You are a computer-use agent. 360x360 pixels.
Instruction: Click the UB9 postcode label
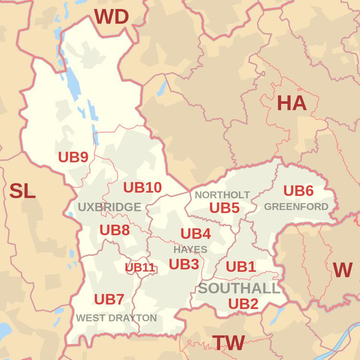73,157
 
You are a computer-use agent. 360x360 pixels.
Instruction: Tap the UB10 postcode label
143,188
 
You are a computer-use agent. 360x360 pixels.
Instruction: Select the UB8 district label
115,230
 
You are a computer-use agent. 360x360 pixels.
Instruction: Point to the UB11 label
140,267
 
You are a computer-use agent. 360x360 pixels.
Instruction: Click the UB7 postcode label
109,300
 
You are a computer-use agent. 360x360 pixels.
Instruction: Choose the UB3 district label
184,264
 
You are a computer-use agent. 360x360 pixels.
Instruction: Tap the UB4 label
195,234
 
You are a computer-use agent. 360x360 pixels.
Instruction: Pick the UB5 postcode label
224,208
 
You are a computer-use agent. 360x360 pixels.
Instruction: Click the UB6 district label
298,191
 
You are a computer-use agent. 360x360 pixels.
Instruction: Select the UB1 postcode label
240,266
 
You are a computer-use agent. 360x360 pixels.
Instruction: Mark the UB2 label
243,303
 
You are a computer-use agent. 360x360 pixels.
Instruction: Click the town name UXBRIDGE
109,207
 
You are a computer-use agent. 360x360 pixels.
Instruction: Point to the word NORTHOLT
222,195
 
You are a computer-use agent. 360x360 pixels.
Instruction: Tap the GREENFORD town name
296,207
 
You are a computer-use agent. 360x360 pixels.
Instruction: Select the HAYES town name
191,250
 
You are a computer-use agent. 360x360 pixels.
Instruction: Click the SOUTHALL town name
239,288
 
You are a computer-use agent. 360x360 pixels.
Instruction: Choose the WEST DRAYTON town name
116,318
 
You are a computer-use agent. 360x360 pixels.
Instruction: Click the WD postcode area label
111,17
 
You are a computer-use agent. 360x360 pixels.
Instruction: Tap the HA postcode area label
291,103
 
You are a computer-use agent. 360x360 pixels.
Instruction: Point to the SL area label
23,192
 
